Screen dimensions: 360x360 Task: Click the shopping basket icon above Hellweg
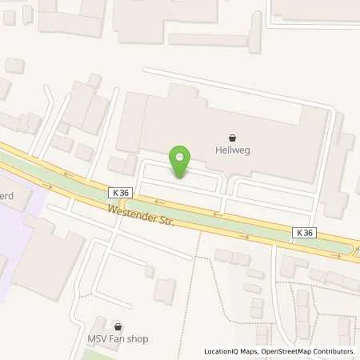click(233, 137)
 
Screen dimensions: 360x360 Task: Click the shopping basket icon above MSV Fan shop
click(118, 326)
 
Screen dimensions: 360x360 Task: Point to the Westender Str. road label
click(139, 214)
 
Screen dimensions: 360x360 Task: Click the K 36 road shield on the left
click(120, 192)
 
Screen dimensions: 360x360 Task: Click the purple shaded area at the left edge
click(16, 224)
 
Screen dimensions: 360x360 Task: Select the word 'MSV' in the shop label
click(99, 339)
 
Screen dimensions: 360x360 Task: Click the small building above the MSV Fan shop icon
click(165, 290)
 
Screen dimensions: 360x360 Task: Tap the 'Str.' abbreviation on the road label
click(165, 220)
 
